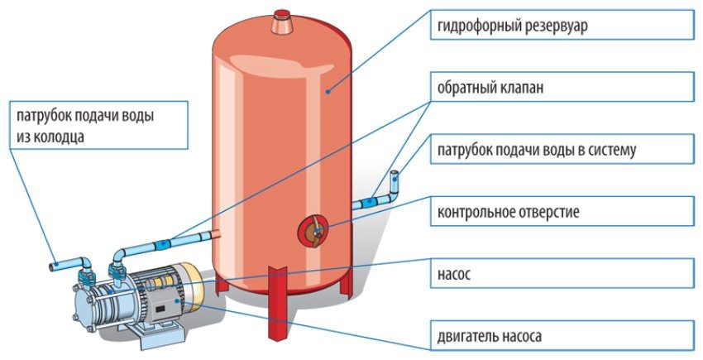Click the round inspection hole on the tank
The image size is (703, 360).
tap(313, 229)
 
